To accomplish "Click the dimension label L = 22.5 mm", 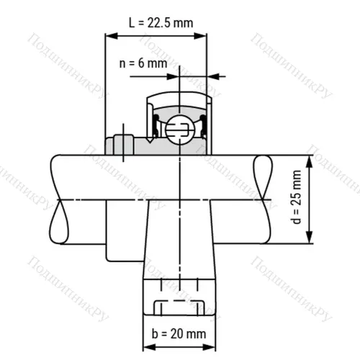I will click(161, 22).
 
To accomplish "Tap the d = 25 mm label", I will click(297, 199).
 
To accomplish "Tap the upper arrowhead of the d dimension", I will click(310, 159).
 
